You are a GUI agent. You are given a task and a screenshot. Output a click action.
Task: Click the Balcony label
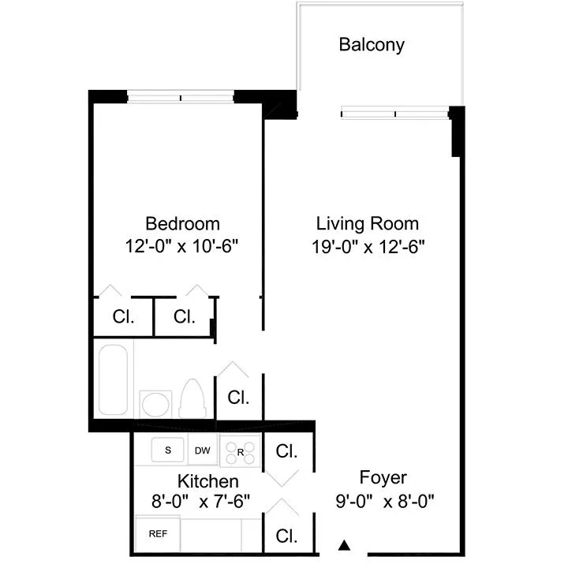coord(371,44)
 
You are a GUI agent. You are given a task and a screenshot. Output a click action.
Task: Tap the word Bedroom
coord(182,223)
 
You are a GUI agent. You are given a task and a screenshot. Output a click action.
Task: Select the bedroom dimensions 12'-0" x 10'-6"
coord(181,245)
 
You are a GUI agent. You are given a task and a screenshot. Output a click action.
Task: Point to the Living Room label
coord(367,223)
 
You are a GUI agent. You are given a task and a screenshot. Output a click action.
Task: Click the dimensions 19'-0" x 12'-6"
coord(368,245)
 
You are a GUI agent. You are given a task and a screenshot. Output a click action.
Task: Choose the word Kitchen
coord(207,480)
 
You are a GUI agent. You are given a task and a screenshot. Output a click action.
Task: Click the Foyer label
coord(383,477)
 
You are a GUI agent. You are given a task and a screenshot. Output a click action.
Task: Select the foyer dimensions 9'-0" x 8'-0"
coord(385,500)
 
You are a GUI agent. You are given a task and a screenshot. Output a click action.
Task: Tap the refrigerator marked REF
coord(158,534)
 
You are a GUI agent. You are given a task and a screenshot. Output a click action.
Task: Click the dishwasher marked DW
coord(203,450)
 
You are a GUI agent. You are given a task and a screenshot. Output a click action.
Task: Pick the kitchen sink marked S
coord(167,450)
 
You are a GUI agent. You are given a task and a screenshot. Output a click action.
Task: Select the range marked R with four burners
coord(239,452)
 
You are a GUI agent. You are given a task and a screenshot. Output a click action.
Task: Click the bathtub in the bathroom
coord(114,379)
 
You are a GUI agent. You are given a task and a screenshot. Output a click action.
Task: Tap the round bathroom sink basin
coord(155,404)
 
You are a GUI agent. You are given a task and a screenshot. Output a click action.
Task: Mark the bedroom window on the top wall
coord(181,98)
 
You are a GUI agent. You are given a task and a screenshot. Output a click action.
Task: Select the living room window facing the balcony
coord(394,114)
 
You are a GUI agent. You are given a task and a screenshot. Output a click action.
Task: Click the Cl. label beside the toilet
coord(238,398)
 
